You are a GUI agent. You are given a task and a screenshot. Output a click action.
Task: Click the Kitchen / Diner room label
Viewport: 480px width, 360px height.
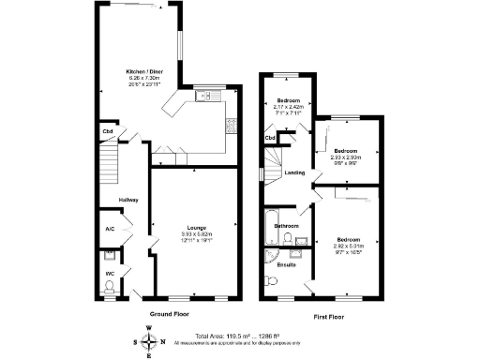[145, 72]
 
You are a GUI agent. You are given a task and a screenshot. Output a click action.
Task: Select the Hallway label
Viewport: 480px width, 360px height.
[128, 200]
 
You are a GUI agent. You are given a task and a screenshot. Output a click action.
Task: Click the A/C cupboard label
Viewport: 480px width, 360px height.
[110, 228]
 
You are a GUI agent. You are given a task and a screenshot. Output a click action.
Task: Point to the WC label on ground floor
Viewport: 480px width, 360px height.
[109, 274]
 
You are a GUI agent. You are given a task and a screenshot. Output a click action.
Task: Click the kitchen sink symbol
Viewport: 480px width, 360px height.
[205, 95]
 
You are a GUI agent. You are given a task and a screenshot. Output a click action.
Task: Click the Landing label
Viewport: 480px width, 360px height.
[295, 172]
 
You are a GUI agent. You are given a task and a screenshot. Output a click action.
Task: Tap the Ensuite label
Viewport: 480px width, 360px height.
[287, 264]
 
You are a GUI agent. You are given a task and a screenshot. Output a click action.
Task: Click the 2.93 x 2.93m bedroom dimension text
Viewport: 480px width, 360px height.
[347, 157]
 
